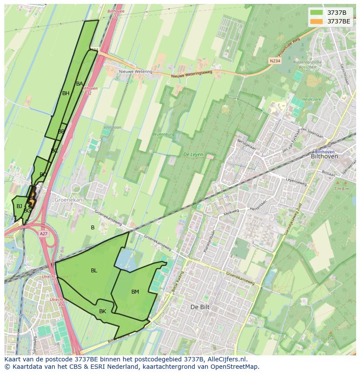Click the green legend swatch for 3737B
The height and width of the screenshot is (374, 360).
click(317, 13)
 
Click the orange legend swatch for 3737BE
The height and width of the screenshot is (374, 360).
click(317, 21)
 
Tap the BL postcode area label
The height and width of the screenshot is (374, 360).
click(94, 271)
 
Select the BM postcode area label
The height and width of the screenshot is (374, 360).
click(135, 292)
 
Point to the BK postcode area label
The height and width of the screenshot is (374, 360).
click(103, 311)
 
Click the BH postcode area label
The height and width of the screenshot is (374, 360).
click(66, 93)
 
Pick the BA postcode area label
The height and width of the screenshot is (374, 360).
click(79, 84)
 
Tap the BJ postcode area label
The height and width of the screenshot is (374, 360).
click(19, 206)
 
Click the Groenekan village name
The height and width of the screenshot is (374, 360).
click(68, 200)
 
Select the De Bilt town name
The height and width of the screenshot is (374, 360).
click(200, 307)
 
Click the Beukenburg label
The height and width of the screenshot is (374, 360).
click(163, 134)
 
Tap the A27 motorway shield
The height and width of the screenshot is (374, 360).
click(43, 234)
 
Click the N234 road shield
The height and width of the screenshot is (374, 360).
click(274, 61)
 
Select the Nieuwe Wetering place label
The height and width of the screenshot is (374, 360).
click(136, 72)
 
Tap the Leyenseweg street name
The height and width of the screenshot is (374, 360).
click(297, 180)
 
